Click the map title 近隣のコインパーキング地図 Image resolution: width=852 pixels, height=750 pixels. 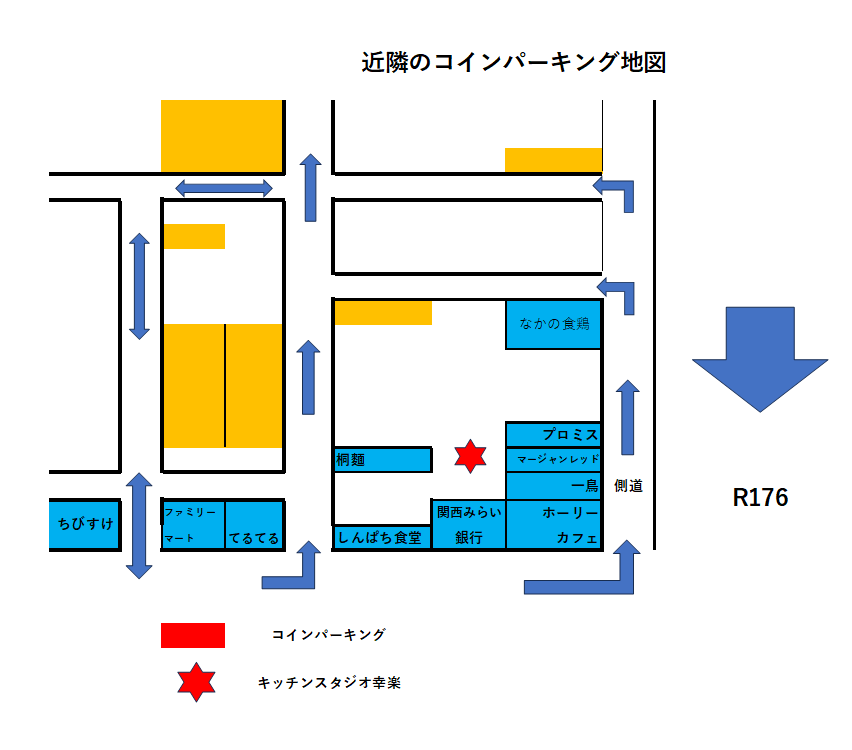coord(513,63)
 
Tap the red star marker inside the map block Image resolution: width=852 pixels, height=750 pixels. coord(470,456)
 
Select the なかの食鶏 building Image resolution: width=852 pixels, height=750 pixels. coord(553,324)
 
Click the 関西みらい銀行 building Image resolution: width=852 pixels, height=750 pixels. coord(468,525)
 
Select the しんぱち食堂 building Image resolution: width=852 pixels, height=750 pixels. coord(381,537)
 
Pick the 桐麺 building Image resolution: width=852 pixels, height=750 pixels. coord(381,460)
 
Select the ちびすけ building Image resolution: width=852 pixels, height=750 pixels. coord(85,525)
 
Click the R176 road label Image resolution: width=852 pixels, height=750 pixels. coord(760,498)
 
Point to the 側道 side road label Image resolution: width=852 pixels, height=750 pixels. coord(628,487)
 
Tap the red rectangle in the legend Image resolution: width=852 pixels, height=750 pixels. coord(192,635)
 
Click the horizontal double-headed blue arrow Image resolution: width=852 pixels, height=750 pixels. coord(224,188)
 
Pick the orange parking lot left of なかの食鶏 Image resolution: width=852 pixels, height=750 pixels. coord(383,313)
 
